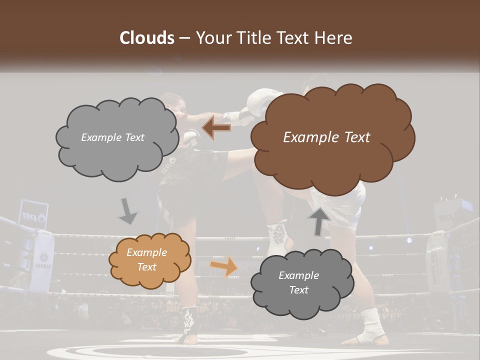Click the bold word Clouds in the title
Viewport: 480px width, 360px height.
(147, 38)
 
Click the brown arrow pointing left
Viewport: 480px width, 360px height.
(216, 128)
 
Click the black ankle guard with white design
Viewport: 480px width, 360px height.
(189, 322)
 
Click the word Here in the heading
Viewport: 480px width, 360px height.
(333, 38)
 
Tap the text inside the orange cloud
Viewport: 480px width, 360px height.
(146, 259)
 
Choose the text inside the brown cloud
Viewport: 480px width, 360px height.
(326, 137)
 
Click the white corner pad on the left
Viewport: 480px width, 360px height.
(42, 260)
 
